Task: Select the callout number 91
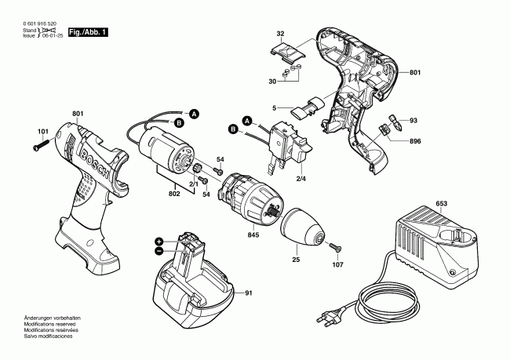click(x=249, y=293)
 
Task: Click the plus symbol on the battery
click(x=159, y=241)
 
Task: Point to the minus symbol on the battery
click(x=159, y=252)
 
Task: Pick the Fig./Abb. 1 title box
click(x=86, y=32)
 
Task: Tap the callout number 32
click(x=279, y=33)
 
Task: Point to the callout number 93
click(x=413, y=120)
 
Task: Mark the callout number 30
click(x=272, y=82)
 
